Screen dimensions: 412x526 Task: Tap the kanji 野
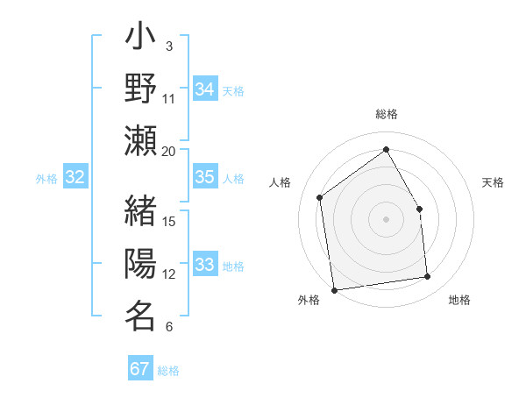click(x=140, y=90)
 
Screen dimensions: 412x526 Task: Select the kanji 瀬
click(x=140, y=140)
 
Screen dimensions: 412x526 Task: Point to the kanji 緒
click(x=140, y=213)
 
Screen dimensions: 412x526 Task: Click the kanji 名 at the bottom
click(x=140, y=316)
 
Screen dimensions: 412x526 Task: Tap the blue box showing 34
click(x=205, y=89)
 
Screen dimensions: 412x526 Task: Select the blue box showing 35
click(x=205, y=177)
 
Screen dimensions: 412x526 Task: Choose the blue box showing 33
click(x=205, y=265)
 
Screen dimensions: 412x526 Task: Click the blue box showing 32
click(x=75, y=178)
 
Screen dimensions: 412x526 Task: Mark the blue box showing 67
click(x=140, y=369)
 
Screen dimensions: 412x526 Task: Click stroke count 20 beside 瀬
click(x=169, y=151)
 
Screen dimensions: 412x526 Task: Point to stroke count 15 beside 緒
click(x=169, y=221)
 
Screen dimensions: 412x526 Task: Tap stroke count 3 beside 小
click(x=169, y=46)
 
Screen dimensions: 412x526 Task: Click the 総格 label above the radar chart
click(x=386, y=114)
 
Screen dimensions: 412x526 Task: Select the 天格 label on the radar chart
click(x=494, y=182)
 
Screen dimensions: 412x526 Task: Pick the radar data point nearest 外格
click(x=334, y=289)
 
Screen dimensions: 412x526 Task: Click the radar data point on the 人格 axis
click(x=320, y=197)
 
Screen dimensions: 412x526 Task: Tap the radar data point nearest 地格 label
click(x=428, y=277)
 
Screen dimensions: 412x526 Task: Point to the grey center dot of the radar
click(x=386, y=218)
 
